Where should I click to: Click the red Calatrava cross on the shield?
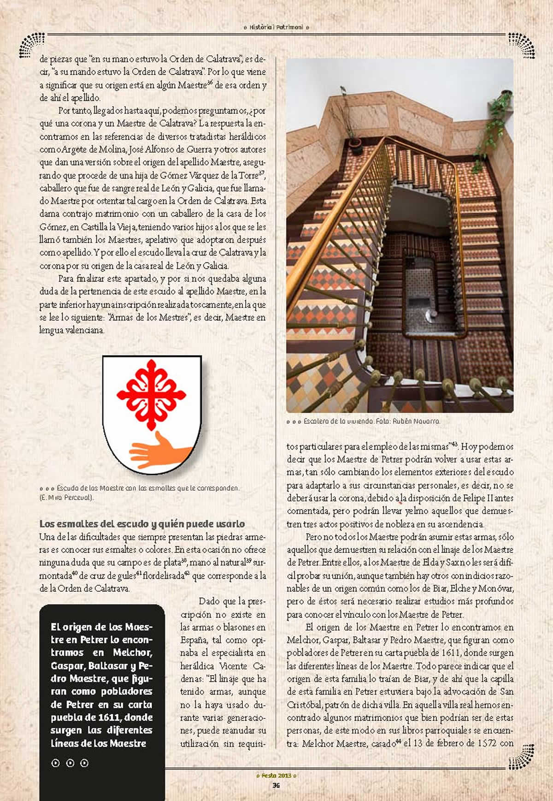pyautogui.click(x=151, y=393)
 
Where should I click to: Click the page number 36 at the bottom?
pyautogui.click(x=276, y=785)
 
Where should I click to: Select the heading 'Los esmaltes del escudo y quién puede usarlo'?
pyautogui.click(x=142, y=524)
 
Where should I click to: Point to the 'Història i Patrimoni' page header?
pyautogui.click(x=276, y=27)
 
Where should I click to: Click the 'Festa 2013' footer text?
pyautogui.click(x=276, y=775)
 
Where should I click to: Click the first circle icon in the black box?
pyautogui.click(x=56, y=763)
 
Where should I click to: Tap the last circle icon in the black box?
pyautogui.click(x=84, y=763)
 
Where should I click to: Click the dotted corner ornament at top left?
pyautogui.click(x=31, y=45)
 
